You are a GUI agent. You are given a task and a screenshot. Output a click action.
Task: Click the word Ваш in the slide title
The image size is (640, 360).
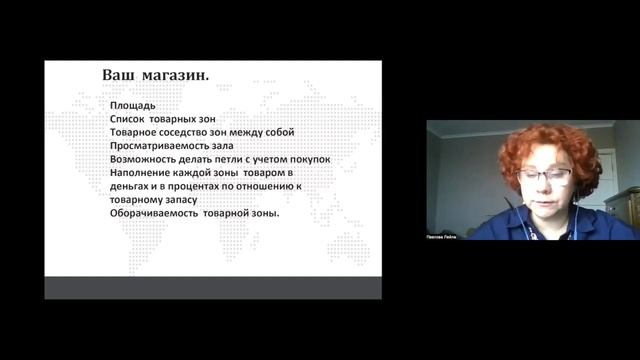[x=120, y=75]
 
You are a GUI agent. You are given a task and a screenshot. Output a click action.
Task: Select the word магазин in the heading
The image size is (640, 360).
[x=184, y=75]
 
